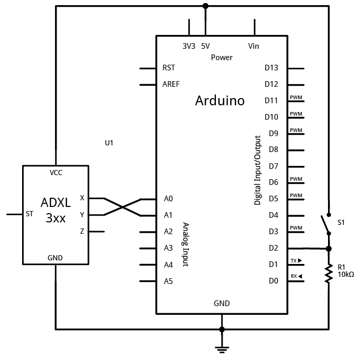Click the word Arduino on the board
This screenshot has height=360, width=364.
220,100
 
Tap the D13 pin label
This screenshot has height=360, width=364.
271,68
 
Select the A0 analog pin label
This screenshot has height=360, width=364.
168,199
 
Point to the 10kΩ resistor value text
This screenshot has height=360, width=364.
346,274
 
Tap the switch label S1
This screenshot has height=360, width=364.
341,223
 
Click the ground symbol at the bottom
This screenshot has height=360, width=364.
222,349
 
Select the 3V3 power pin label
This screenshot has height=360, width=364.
189,46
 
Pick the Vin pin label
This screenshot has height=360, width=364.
253,46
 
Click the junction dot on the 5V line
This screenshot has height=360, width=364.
205,6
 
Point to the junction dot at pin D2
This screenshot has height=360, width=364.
329,249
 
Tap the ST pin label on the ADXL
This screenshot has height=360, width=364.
30,214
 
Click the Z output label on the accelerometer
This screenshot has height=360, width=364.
82,231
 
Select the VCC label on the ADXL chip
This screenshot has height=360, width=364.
56,173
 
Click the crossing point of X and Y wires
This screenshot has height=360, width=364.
122,206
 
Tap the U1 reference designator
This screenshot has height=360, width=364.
108,143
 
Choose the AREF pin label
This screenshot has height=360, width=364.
171,84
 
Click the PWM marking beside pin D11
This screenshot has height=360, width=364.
296,97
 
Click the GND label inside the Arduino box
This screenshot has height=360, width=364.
222,303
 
